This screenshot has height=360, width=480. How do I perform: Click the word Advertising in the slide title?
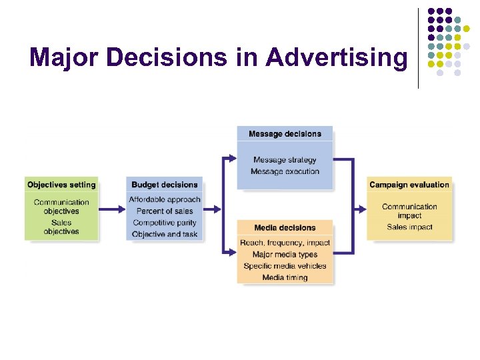[336, 58]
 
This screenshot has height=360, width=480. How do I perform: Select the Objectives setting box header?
[61, 185]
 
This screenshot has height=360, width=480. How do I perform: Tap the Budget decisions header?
[165, 185]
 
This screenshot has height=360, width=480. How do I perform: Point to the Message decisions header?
[285, 134]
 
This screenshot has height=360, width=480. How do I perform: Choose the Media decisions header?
[285, 228]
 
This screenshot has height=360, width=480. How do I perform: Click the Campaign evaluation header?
[409, 185]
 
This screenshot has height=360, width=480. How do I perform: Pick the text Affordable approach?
[165, 199]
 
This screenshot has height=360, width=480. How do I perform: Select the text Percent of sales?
[165, 211]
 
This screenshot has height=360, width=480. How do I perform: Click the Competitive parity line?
[165, 223]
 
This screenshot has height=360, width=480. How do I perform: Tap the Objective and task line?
[165, 234]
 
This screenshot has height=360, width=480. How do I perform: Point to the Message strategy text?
[285, 160]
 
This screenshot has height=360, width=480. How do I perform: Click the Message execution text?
[285, 171]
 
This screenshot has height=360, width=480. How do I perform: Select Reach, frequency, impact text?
[285, 243]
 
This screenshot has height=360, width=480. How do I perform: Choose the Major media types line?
[285, 254]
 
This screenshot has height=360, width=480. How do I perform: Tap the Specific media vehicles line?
[285, 266]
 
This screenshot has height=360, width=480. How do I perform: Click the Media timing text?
[285, 277]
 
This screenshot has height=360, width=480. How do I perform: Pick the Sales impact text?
[409, 227]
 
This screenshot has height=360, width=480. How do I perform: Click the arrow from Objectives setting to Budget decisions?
[111, 209]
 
